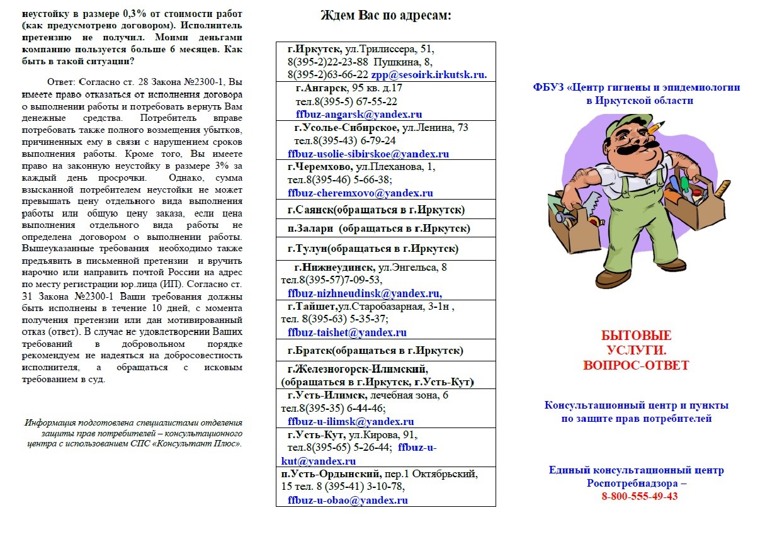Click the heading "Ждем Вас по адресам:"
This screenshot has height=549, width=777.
click(x=385, y=16)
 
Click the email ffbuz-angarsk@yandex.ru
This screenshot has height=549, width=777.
click(x=359, y=115)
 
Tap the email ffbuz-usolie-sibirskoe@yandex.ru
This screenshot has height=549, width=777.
click(x=368, y=154)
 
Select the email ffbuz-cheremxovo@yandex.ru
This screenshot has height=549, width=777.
click(x=360, y=193)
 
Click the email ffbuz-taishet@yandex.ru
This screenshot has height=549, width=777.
click(x=347, y=332)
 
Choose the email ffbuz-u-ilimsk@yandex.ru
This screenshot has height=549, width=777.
click(x=351, y=422)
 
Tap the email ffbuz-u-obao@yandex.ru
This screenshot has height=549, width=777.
click(x=348, y=501)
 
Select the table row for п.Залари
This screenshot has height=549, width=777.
click(x=385, y=228)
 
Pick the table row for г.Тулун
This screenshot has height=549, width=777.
click(x=385, y=248)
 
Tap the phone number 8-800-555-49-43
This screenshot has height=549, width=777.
click(x=639, y=496)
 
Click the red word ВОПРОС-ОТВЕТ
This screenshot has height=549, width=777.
click(x=636, y=365)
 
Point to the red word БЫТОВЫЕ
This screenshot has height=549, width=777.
click(x=636, y=336)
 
